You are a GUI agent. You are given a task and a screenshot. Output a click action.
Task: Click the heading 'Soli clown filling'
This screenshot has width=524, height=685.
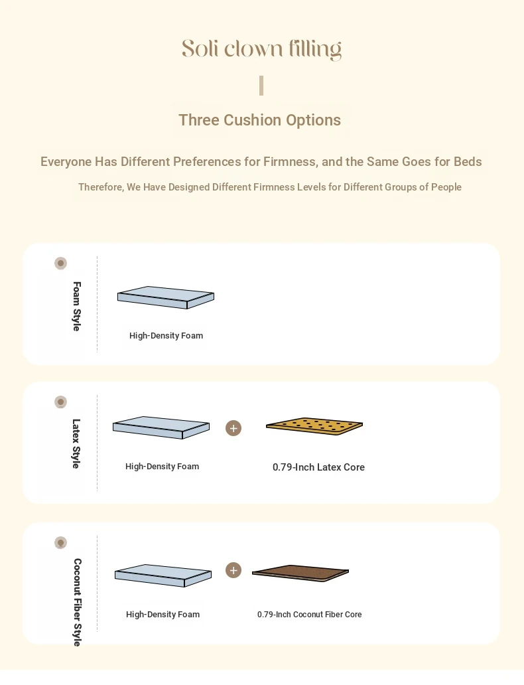pos(261,49)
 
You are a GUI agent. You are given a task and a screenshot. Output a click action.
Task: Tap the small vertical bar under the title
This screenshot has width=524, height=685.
pos(261,86)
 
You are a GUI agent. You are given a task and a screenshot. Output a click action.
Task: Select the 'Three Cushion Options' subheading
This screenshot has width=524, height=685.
pos(260,120)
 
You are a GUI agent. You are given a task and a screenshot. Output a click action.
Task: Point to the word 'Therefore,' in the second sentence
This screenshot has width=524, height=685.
pos(101,187)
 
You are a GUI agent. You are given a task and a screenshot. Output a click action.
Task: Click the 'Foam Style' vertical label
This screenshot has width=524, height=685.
pos(77,306)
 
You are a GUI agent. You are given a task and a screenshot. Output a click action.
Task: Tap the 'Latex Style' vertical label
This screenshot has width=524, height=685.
pos(76,444)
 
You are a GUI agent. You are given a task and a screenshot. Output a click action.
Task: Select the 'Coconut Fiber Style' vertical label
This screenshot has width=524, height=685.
pos(78,602)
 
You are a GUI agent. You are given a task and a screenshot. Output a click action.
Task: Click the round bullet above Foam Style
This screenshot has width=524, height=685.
pos(61,264)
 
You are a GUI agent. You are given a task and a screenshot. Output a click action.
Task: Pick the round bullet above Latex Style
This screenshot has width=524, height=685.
pos(61,402)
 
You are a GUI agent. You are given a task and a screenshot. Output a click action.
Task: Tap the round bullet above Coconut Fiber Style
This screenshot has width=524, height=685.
pos(61,542)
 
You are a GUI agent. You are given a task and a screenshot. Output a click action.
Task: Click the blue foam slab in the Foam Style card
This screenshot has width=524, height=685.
pos(166,297)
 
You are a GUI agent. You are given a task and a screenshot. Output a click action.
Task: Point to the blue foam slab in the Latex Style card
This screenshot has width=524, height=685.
pos(161,427)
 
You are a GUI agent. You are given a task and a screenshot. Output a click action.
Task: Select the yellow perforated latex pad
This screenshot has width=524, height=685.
pos(314,426)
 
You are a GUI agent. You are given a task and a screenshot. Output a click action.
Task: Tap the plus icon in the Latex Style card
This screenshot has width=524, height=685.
pos(233,428)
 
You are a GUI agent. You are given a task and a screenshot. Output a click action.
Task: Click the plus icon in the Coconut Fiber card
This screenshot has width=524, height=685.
pos(233,570)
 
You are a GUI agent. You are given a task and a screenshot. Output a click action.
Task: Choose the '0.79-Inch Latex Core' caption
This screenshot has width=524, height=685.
pos(319,467)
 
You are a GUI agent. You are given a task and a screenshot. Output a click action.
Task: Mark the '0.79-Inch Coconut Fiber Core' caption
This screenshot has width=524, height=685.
pos(310,614)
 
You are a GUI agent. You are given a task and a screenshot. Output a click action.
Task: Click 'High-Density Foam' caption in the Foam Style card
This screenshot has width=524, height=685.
pos(166,335)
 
